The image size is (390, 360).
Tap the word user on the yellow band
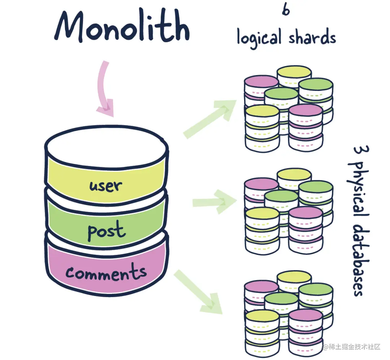click(x=106, y=186)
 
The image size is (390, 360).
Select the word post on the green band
click(x=106, y=230)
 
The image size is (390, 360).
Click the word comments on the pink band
click(x=106, y=273)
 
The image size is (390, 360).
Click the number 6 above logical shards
click(x=286, y=10)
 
